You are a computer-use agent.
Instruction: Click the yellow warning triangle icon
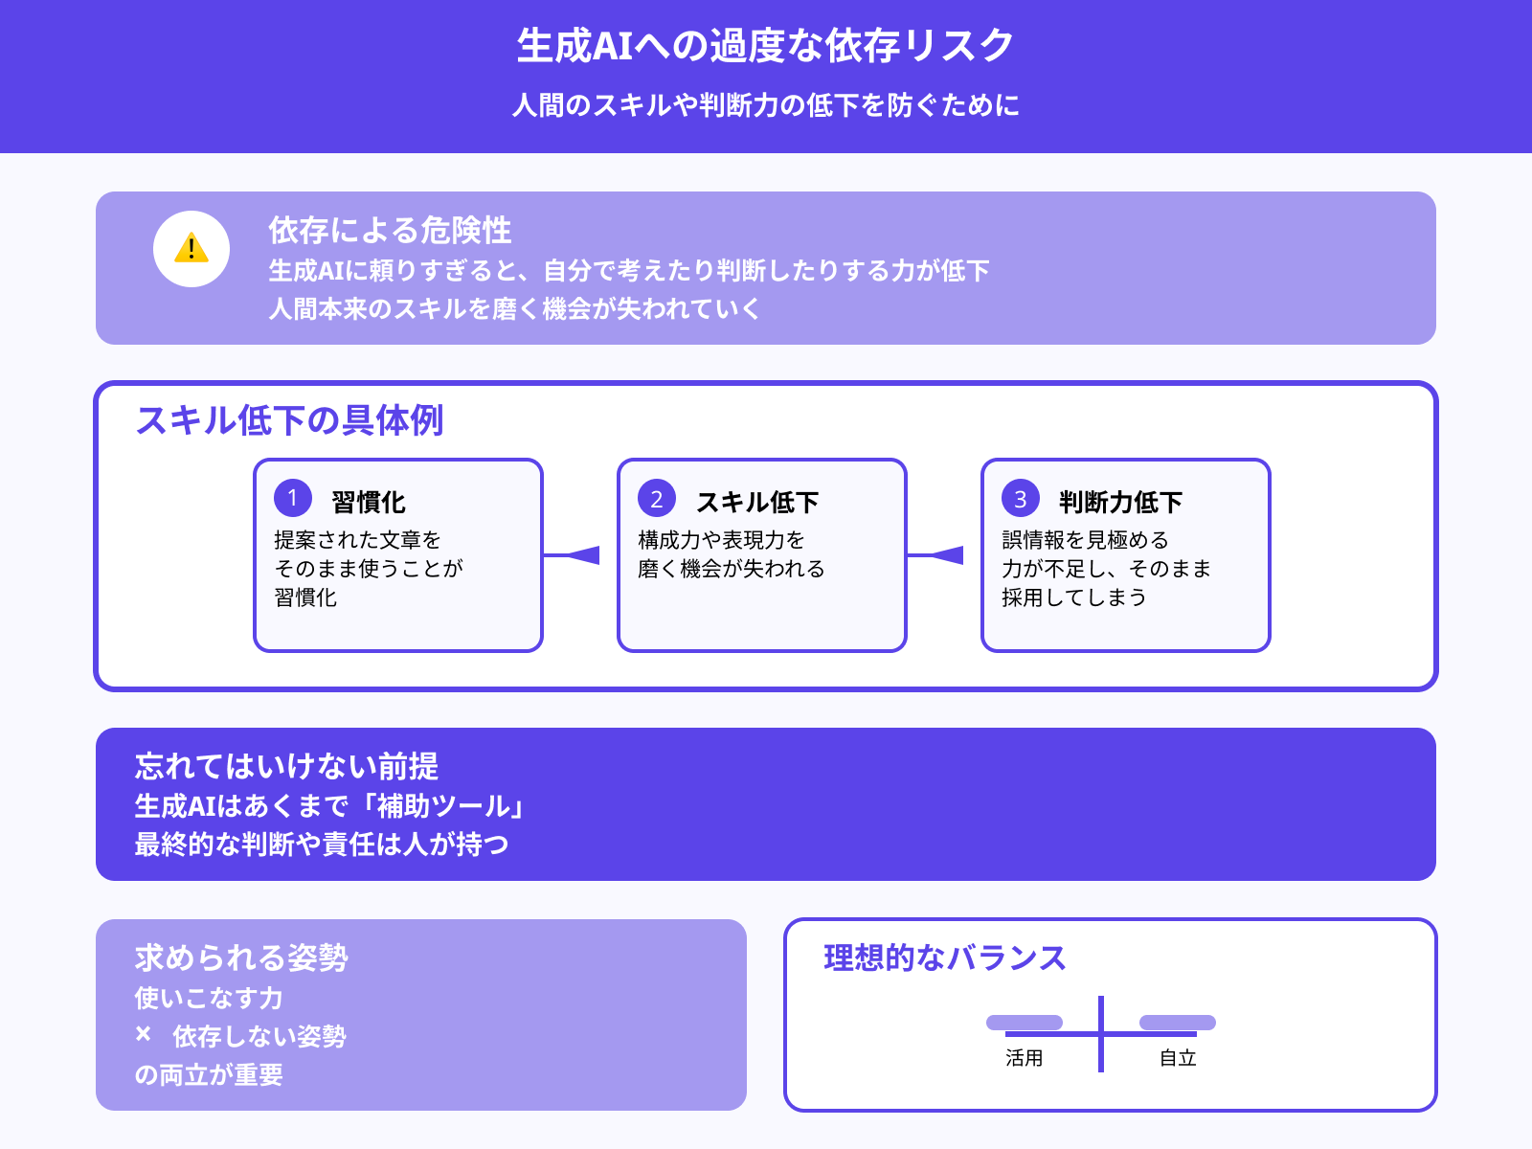click(191, 248)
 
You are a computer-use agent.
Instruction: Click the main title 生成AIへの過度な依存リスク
click(765, 45)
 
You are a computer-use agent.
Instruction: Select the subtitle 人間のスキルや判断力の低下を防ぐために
click(765, 104)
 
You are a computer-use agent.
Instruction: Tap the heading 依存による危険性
click(390, 230)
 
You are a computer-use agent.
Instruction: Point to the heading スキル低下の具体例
click(289, 420)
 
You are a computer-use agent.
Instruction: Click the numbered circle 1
click(293, 498)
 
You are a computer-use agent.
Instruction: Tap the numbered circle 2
click(657, 498)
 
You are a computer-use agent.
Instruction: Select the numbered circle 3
click(1021, 498)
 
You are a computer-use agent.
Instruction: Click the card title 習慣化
click(369, 502)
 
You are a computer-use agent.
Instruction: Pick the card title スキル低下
click(757, 502)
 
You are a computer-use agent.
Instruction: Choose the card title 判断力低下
click(1120, 502)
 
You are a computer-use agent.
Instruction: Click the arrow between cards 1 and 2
click(578, 555)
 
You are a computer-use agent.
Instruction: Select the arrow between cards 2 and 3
click(942, 555)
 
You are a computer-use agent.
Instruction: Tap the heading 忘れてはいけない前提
click(286, 766)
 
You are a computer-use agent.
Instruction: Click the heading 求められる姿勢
click(241, 957)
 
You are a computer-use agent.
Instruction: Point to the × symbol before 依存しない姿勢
click(144, 1034)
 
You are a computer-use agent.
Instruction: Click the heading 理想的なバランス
click(944, 957)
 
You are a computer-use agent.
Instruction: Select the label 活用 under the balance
click(1024, 1058)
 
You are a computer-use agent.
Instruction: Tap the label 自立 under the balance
click(1178, 1058)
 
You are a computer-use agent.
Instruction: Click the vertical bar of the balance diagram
click(1101, 1034)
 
